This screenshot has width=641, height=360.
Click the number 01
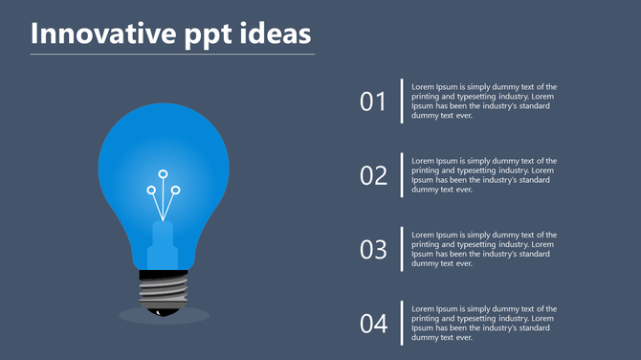click(x=373, y=101)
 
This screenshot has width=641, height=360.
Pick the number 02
click(x=373, y=175)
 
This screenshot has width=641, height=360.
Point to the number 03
click(x=373, y=250)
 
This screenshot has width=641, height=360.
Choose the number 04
click(x=373, y=324)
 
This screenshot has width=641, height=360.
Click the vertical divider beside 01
click(x=402, y=101)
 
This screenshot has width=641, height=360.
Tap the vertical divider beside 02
click(x=402, y=175)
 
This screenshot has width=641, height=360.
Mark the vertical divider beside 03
click(x=402, y=249)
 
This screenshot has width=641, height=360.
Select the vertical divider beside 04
click(x=402, y=324)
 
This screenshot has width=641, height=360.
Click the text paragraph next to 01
click(x=484, y=101)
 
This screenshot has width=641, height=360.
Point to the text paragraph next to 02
click(x=484, y=175)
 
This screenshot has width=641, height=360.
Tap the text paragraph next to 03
click(x=484, y=249)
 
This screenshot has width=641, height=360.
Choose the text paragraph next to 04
click(x=484, y=323)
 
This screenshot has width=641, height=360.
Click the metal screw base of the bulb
click(x=164, y=289)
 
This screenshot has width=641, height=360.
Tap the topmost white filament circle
click(x=163, y=174)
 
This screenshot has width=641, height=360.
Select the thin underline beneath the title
click(x=172, y=55)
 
